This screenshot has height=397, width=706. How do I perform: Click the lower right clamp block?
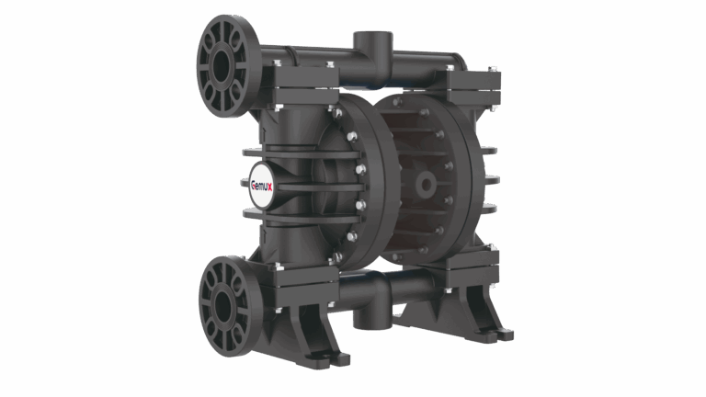point(472,267)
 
